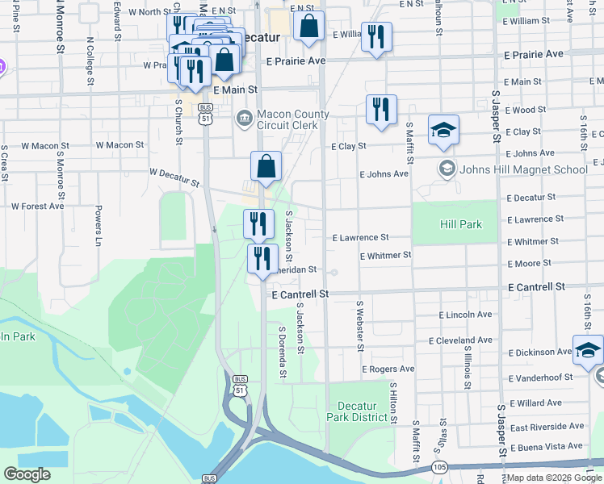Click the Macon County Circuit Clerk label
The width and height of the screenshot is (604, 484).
click(x=293, y=120)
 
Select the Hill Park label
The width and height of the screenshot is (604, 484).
click(x=460, y=224)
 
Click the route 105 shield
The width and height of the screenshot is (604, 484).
click(x=440, y=467)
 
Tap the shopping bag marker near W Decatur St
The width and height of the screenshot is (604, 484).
click(x=266, y=168)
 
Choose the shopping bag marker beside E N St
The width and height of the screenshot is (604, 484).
click(x=308, y=27)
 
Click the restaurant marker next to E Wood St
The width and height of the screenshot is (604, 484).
click(x=381, y=111)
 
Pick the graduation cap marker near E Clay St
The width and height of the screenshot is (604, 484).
click(x=443, y=131)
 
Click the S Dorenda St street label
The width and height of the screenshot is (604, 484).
click(x=283, y=352)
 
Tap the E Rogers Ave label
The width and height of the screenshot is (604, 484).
click(x=388, y=369)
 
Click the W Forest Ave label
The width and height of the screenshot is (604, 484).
click(x=37, y=206)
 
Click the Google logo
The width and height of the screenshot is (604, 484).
click(x=27, y=474)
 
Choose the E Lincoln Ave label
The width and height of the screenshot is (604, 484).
click(x=465, y=315)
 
